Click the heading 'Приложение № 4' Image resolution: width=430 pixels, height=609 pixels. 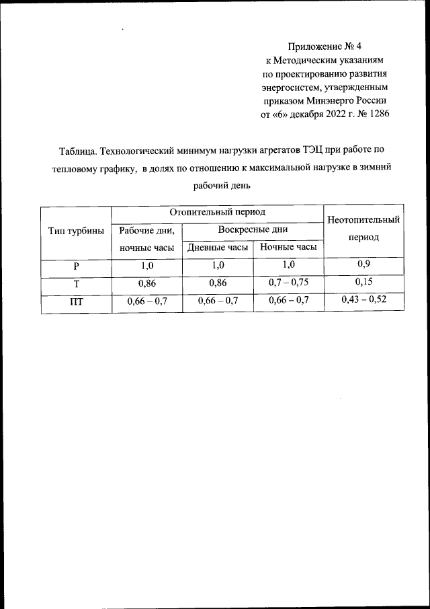coord(325,46)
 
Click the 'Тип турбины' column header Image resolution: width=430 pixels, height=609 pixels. coord(76,231)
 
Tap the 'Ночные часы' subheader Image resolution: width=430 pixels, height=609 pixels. coord(288,248)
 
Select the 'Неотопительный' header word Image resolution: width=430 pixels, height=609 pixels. coord(363,220)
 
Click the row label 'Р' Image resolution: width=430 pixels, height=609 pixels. coord(77,266)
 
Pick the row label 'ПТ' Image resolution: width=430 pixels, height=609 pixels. coord(77,301)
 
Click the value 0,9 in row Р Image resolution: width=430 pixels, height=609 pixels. coord(363,264)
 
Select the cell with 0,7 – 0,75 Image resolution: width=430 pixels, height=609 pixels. coord(288,283)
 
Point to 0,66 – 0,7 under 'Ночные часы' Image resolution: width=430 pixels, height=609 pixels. coord(288,301)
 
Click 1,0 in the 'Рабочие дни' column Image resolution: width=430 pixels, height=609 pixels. coord(147,266)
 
